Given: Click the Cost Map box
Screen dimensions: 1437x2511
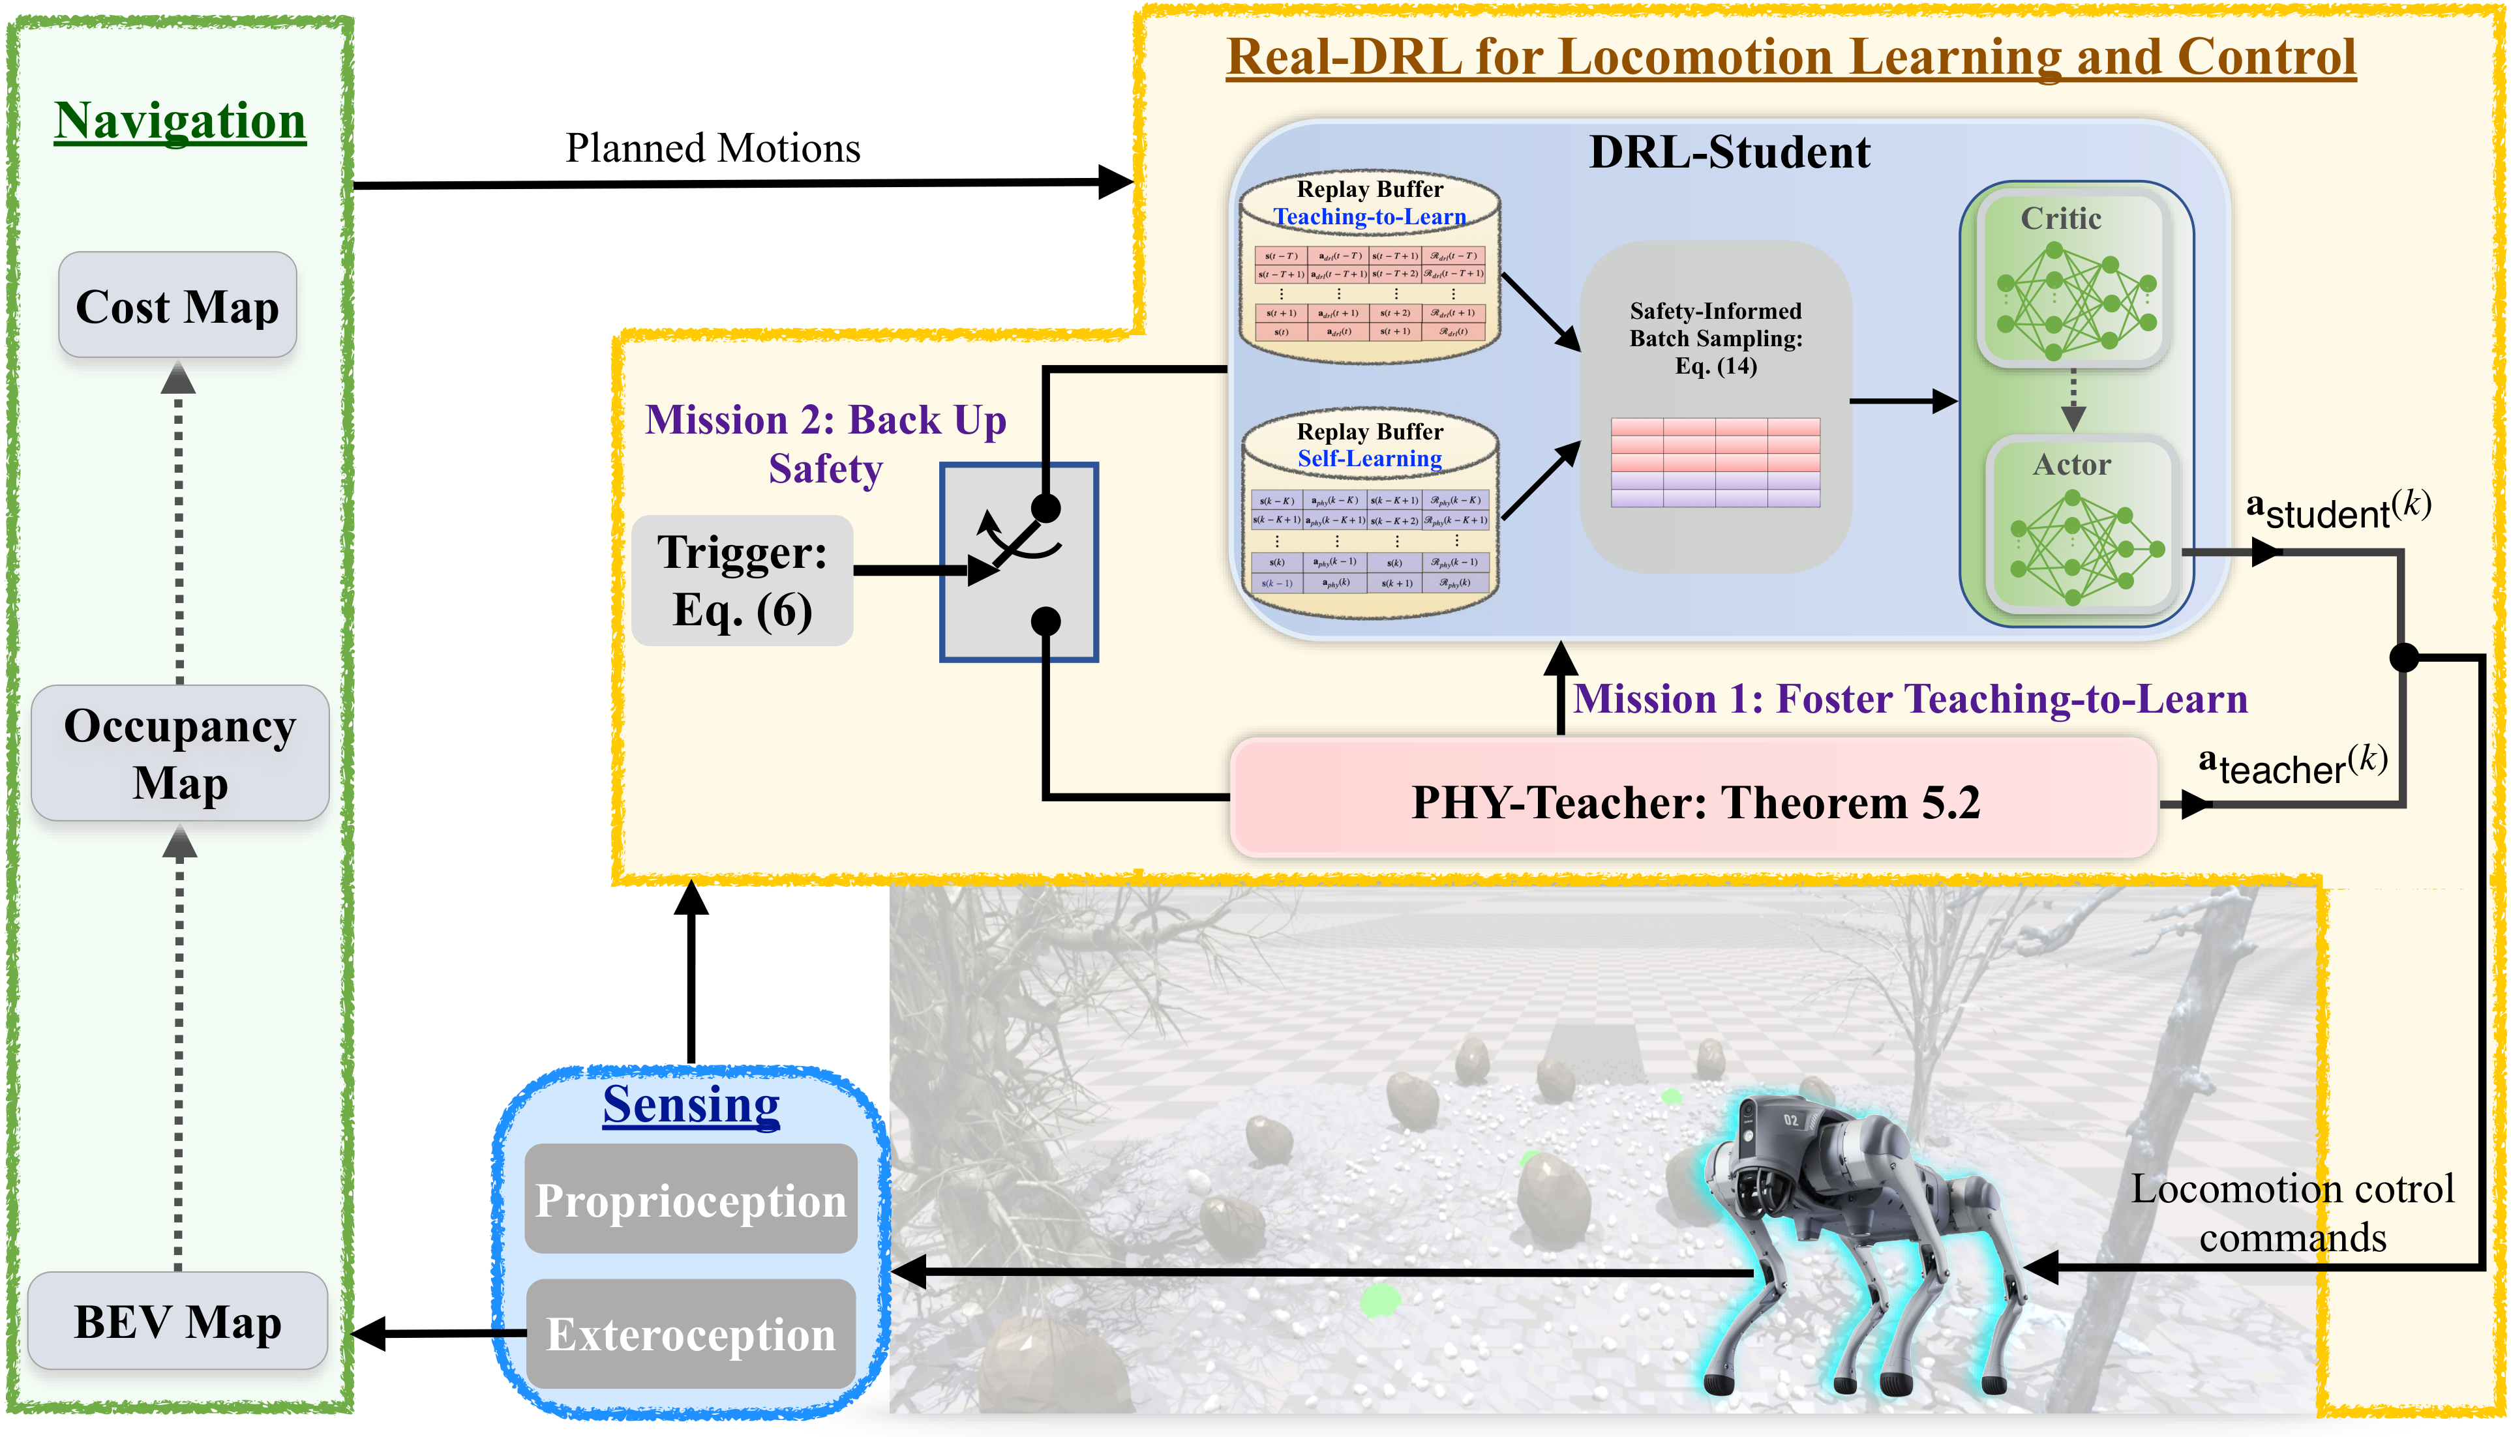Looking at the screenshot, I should tap(177, 305).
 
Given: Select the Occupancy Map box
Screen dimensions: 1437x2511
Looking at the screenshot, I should tap(179, 753).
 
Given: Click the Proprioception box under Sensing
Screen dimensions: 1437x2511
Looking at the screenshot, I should tap(691, 1199).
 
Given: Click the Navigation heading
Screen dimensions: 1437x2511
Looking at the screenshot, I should tap(179, 121).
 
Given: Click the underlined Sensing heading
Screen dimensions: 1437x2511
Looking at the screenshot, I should tap(691, 1104).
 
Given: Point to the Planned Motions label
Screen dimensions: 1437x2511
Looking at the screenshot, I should tap(713, 148).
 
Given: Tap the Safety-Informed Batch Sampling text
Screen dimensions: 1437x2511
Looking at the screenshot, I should tap(1715, 338).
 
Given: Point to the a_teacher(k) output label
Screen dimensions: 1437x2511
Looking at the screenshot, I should tap(2292, 765).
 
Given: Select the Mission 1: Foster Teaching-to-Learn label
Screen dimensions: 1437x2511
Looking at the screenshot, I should tap(1910, 699).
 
